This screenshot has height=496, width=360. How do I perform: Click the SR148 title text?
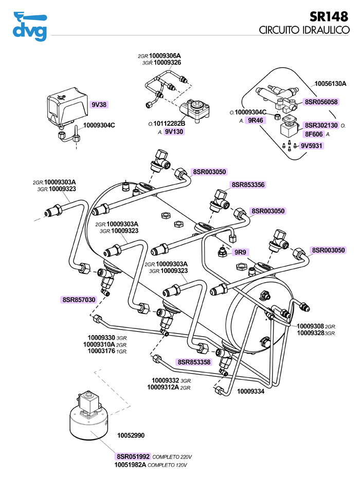point(332,17)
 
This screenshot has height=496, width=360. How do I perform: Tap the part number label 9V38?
point(99,104)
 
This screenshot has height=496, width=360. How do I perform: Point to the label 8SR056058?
point(321,102)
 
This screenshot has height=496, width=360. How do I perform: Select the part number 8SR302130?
point(321,125)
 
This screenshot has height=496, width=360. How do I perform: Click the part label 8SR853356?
point(248,184)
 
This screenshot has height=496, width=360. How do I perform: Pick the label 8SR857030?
point(79,299)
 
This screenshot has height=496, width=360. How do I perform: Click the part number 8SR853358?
point(194,362)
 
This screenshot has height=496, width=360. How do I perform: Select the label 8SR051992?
point(133,456)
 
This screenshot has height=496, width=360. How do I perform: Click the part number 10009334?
point(250,391)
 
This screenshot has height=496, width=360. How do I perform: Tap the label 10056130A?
point(330,83)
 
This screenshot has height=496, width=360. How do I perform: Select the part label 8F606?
point(314,134)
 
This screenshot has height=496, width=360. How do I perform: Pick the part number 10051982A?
point(130,465)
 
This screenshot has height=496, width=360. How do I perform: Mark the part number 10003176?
point(99,351)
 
